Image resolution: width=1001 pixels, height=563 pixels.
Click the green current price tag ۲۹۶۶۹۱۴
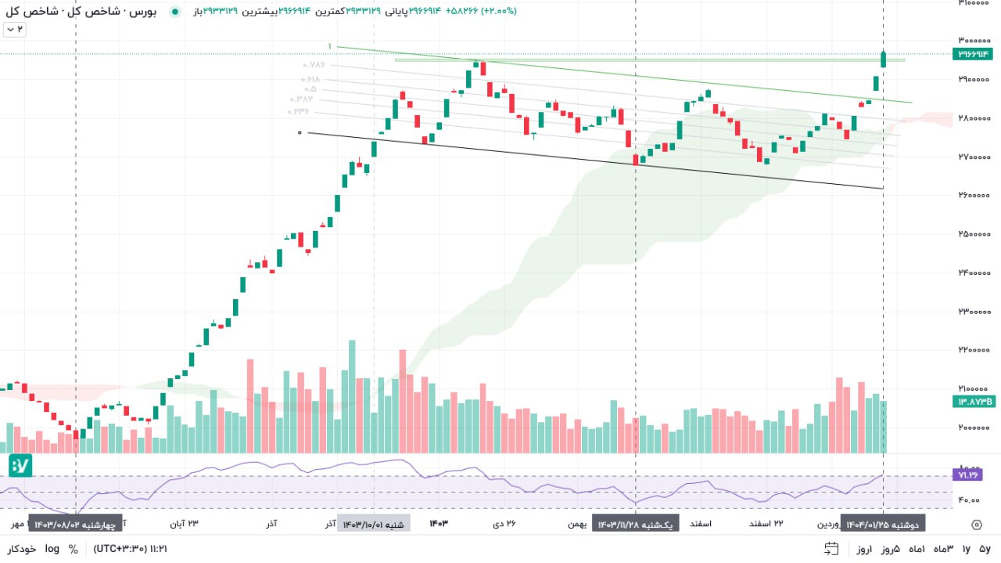(x=972, y=54)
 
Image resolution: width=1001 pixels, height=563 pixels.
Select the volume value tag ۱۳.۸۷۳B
(x=972, y=402)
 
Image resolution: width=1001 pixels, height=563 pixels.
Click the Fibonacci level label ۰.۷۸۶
(x=314, y=66)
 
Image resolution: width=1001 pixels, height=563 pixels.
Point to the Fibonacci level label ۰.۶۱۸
(x=310, y=80)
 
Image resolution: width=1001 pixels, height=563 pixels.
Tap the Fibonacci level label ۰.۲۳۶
(x=298, y=111)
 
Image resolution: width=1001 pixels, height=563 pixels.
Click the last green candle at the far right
(x=883, y=59)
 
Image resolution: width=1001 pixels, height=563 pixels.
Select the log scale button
(x=52, y=549)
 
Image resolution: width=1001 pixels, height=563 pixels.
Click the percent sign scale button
(x=73, y=549)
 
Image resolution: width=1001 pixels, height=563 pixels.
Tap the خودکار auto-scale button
(x=22, y=549)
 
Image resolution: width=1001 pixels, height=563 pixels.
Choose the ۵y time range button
(x=985, y=549)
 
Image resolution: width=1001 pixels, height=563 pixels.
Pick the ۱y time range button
(x=966, y=549)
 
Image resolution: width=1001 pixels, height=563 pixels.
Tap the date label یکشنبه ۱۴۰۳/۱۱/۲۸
(x=635, y=524)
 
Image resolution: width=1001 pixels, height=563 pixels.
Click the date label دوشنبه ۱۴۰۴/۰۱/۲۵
(x=884, y=524)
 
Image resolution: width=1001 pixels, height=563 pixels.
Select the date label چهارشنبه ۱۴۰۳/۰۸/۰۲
(x=75, y=524)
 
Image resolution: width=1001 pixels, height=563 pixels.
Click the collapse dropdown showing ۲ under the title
(x=15, y=29)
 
